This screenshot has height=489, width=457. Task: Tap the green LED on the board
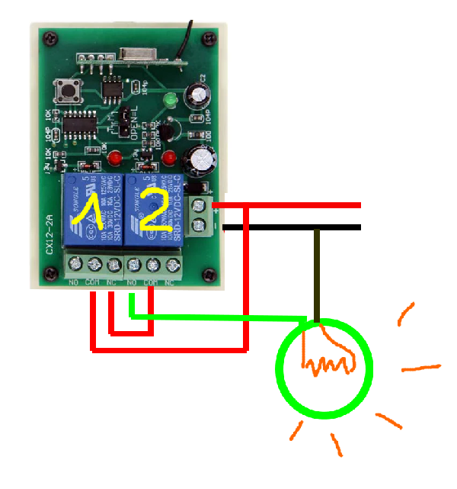(169, 101)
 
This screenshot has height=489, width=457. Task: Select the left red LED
(115, 159)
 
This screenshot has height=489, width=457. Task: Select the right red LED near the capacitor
(170, 159)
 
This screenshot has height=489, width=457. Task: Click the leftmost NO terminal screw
(75, 265)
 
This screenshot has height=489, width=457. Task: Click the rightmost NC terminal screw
(171, 265)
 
